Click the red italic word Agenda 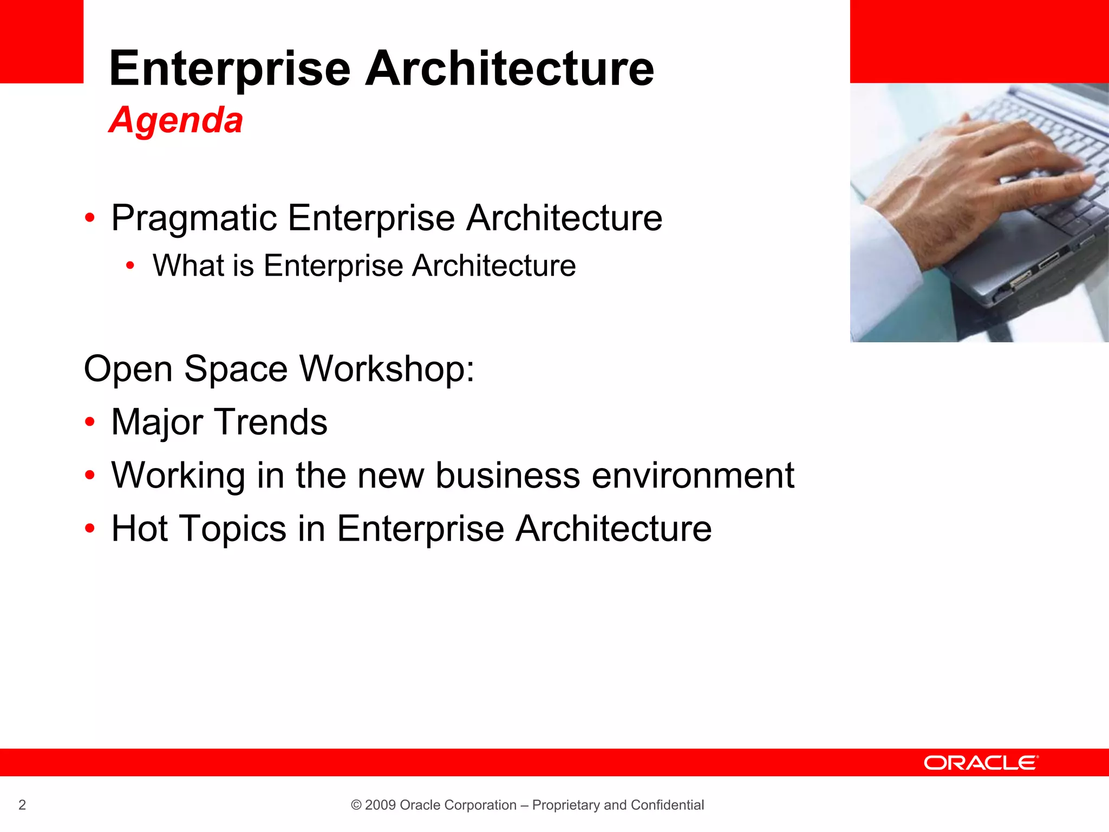coord(176,120)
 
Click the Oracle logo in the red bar coord(981,763)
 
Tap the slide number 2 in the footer coord(22,805)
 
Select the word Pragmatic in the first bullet coord(194,218)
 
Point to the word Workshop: coord(387,369)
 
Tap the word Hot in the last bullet coord(139,528)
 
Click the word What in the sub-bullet coord(188,266)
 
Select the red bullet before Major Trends coord(90,422)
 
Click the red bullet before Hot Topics coord(90,528)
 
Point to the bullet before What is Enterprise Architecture coord(130,266)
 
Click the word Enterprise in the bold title coord(230,69)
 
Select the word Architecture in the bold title coord(509,69)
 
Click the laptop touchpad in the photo coord(1002,238)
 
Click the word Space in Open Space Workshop coord(236,369)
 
